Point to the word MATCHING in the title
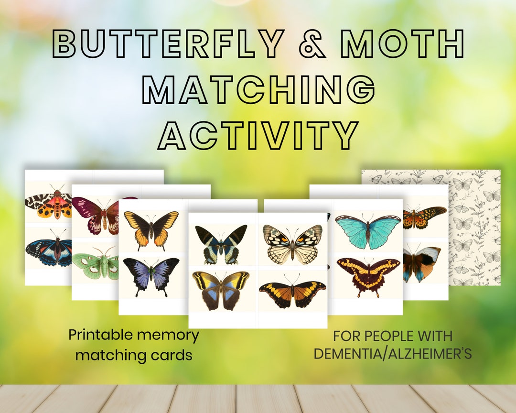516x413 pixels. point(258,89)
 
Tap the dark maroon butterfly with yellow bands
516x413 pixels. point(367,273)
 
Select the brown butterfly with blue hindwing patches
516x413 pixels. point(221,288)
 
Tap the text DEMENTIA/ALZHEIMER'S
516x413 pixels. point(392,354)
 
